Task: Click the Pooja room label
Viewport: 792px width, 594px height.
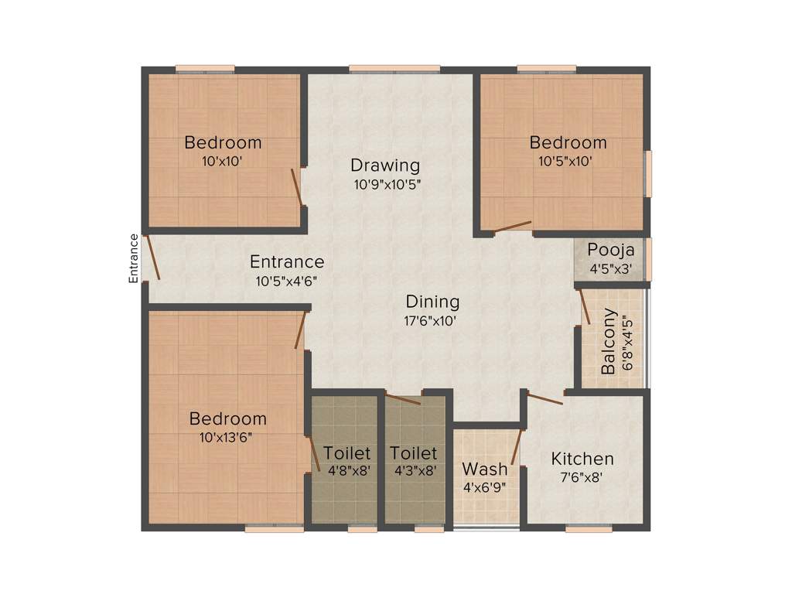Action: point(610,251)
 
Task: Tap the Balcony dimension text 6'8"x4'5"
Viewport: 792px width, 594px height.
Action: point(626,340)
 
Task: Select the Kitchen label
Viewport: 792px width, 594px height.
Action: point(582,459)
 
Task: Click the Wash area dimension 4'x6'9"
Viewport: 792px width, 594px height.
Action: point(485,487)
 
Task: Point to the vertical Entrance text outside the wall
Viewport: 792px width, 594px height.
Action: point(134,258)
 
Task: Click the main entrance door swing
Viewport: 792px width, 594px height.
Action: point(153,258)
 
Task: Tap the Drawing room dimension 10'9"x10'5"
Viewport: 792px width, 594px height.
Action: point(387,184)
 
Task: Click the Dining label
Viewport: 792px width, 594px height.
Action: point(432,302)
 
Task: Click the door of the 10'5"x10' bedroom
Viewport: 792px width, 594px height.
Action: point(513,227)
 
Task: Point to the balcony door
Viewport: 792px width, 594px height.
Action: point(585,306)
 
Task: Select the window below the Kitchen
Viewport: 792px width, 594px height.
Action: point(584,530)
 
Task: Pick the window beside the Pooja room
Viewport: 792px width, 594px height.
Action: point(648,259)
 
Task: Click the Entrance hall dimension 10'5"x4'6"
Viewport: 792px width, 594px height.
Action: point(287,282)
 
